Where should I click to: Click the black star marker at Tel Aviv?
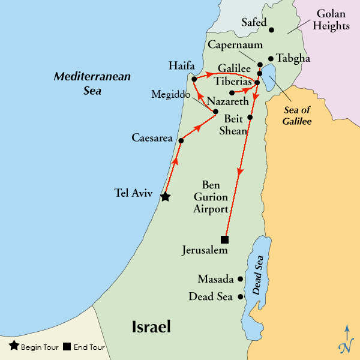click(165, 196)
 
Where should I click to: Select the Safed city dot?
click(271, 29)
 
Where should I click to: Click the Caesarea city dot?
click(181, 140)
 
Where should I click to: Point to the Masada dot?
click(241, 279)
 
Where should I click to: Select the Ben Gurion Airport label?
click(211, 196)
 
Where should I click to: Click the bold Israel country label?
click(151, 327)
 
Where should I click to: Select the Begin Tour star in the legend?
click(14, 346)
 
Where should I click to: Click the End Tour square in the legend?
click(67, 346)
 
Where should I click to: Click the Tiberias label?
click(234, 81)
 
